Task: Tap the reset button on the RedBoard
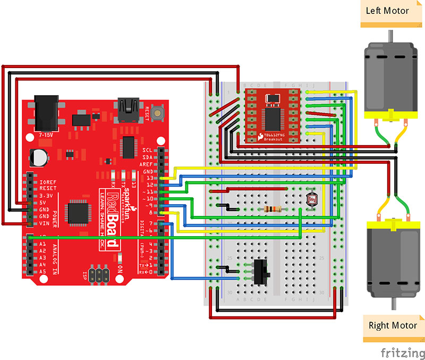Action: (x=157, y=113)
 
